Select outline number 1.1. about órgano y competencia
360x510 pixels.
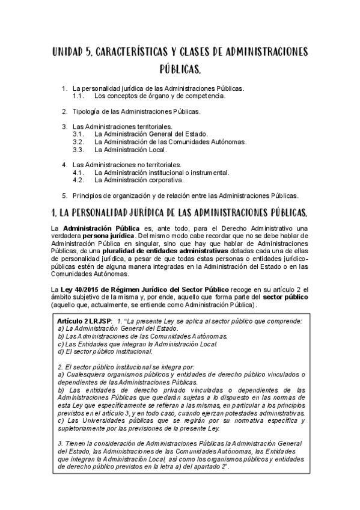78,96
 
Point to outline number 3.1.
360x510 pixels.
78,134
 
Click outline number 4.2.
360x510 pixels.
78,179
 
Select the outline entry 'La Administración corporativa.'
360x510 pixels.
139,179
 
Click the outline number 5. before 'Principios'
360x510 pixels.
64,195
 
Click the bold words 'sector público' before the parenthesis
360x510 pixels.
285,297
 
